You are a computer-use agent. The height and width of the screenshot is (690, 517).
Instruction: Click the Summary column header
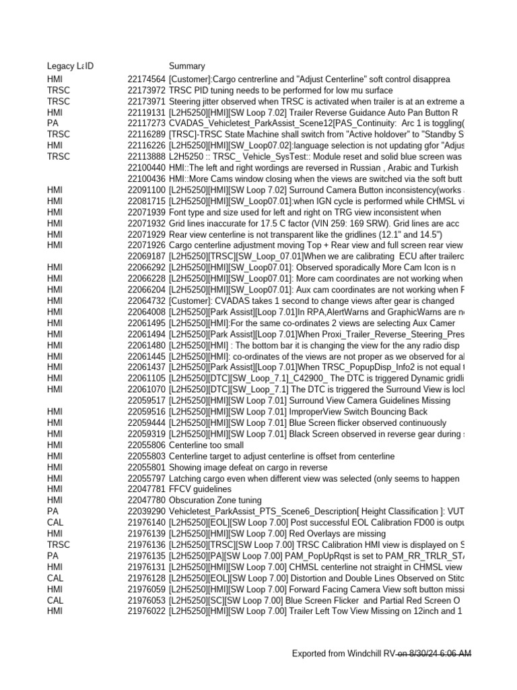[x=186, y=66]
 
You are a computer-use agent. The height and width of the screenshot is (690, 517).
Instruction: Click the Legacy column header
[x=63, y=66]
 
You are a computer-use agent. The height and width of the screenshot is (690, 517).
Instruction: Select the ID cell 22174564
[x=146, y=80]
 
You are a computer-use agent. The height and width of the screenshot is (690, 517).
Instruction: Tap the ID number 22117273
[x=146, y=123]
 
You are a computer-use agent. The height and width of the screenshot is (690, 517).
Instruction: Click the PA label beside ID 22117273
[x=53, y=123]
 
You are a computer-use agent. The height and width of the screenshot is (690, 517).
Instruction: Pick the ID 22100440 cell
[x=146, y=168]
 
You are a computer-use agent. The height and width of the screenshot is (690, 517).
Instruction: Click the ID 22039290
[x=146, y=511]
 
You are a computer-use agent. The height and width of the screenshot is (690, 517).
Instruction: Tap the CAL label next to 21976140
[x=55, y=522]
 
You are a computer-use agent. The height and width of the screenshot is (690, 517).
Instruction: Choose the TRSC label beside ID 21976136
[x=58, y=544]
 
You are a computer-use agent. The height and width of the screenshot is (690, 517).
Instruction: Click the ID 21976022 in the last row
[x=146, y=610]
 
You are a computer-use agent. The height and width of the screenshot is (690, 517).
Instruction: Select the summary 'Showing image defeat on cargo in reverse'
[x=248, y=468]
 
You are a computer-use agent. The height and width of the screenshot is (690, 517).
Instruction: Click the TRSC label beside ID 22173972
[x=58, y=90]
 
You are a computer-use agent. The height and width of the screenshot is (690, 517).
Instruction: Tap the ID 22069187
[x=146, y=256]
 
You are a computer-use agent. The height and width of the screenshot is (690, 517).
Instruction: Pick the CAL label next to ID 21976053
[x=55, y=600]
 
